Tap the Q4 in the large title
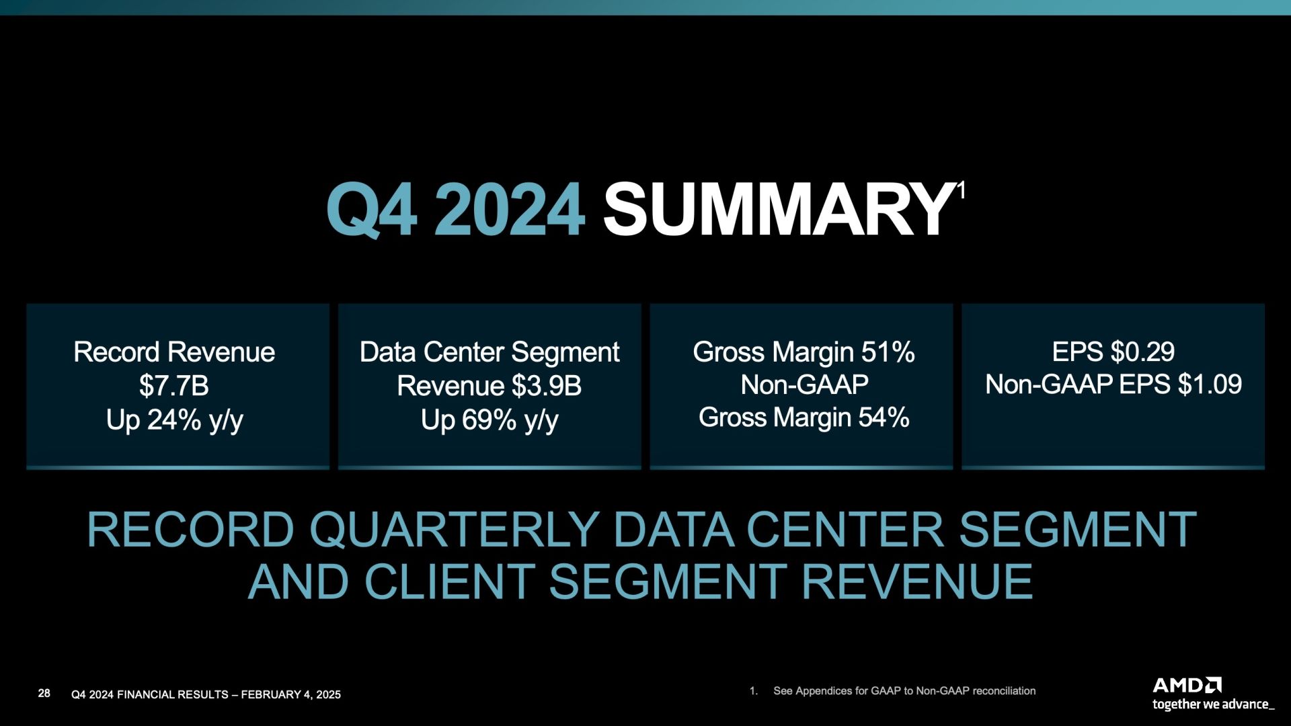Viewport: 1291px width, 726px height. pos(371,210)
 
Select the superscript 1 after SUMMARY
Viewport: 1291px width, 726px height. pos(961,191)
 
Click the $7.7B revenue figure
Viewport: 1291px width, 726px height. pos(174,386)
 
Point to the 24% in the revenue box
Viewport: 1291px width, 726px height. pos(174,419)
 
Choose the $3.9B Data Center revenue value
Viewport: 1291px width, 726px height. pos(546,386)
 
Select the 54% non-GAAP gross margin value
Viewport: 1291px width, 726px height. pos(884,417)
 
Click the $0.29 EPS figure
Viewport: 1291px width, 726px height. pos(1142,352)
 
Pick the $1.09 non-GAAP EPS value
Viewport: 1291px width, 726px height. pos(1210,385)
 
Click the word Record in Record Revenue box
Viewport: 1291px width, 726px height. pos(116,352)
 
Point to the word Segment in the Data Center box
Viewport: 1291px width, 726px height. pos(565,353)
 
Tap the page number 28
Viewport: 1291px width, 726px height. pos(44,693)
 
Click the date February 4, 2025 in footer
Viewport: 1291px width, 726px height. pos(290,694)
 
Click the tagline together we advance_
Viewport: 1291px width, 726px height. pos(1213,704)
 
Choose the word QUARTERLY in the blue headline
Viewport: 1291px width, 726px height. pos(454,530)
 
